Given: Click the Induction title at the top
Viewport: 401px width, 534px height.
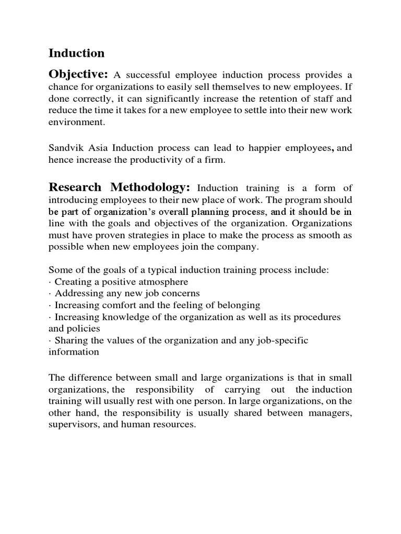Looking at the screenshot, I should pyautogui.click(x=76, y=53).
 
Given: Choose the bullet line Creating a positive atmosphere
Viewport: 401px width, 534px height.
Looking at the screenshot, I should pyautogui.click(x=118, y=282).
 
